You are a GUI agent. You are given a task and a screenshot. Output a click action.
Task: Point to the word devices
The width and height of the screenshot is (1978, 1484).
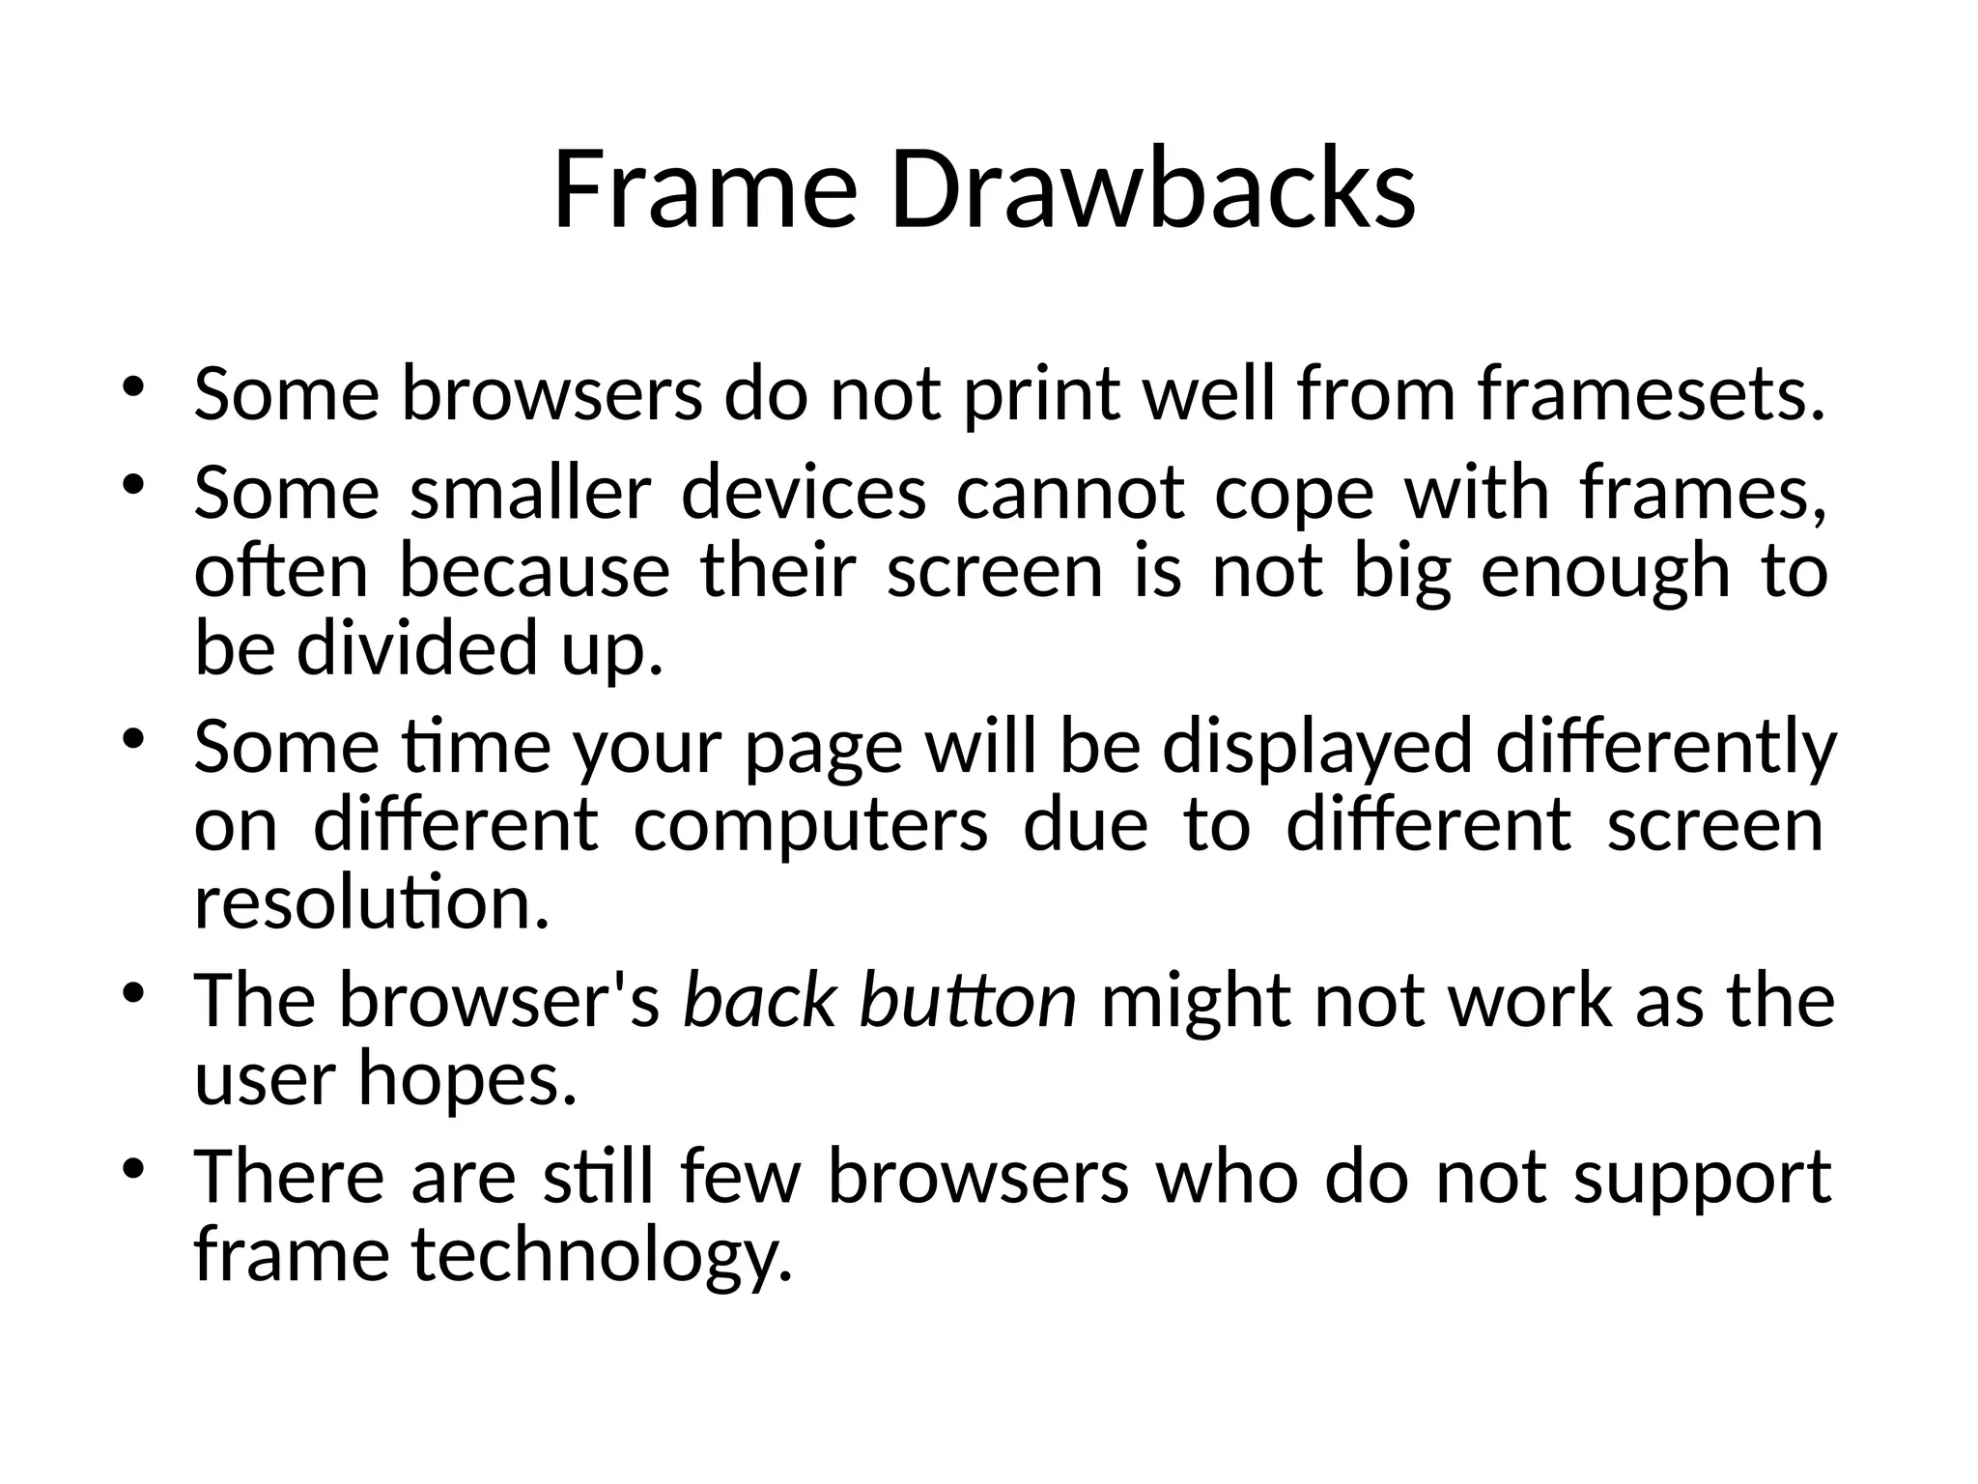point(804,493)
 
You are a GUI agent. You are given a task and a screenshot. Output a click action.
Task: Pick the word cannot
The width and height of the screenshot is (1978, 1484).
point(1070,493)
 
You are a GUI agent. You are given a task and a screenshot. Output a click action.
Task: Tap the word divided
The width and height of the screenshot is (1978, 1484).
point(415,647)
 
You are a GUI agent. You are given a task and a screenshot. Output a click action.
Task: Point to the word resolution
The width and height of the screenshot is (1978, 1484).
point(371,903)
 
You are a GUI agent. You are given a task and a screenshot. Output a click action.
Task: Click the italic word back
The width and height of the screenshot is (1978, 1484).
point(759,1001)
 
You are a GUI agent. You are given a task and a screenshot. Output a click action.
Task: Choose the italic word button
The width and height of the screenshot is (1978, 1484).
point(968,1001)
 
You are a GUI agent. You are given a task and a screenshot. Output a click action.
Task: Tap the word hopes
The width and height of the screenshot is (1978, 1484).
point(467,1079)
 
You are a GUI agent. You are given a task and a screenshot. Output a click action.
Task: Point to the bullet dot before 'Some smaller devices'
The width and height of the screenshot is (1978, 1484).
point(133,484)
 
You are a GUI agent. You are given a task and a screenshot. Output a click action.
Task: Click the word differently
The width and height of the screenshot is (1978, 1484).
point(1666,747)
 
